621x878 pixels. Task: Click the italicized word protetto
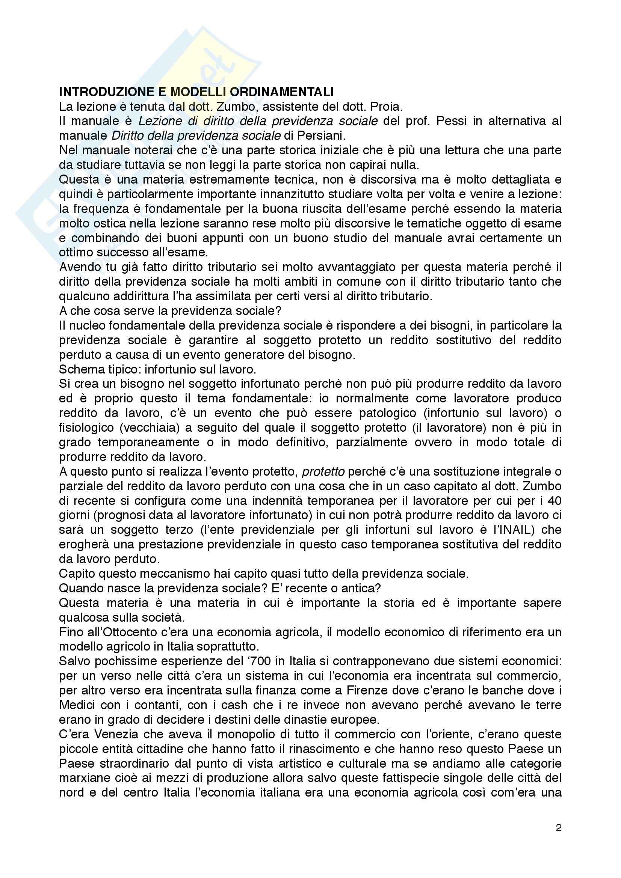323,471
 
